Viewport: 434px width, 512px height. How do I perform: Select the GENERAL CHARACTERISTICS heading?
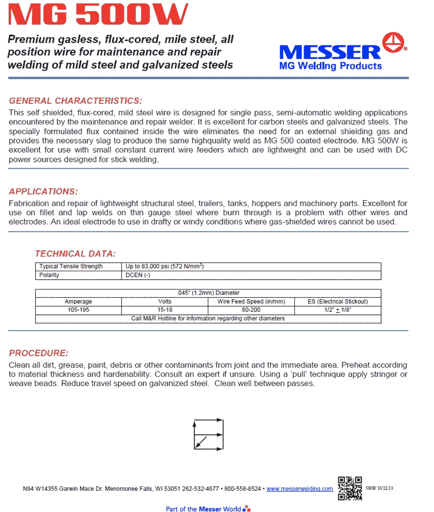click(76, 101)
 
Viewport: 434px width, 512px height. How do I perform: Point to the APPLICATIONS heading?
click(43, 191)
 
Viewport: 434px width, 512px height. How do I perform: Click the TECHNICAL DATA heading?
click(75, 253)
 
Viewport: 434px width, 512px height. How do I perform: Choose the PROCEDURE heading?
click(38, 353)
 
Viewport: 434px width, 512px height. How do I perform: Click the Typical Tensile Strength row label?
click(71, 267)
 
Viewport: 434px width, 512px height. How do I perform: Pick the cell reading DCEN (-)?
click(138, 275)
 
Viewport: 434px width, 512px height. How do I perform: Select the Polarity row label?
click(49, 275)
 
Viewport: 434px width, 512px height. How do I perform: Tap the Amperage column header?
click(78, 302)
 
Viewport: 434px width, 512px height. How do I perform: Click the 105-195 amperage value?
click(78, 310)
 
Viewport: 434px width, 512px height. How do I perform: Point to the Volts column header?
click(165, 302)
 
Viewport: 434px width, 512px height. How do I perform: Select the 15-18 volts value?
click(165, 310)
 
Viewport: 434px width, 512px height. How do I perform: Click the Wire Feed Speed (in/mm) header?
click(251, 302)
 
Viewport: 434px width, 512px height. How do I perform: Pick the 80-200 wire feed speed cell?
click(251, 310)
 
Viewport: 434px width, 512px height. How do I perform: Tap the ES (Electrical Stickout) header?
click(338, 302)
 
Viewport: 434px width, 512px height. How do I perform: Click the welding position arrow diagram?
click(208, 434)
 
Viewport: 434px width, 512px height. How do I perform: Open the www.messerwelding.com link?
click(300, 489)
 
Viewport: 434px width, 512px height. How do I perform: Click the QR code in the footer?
click(349, 487)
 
